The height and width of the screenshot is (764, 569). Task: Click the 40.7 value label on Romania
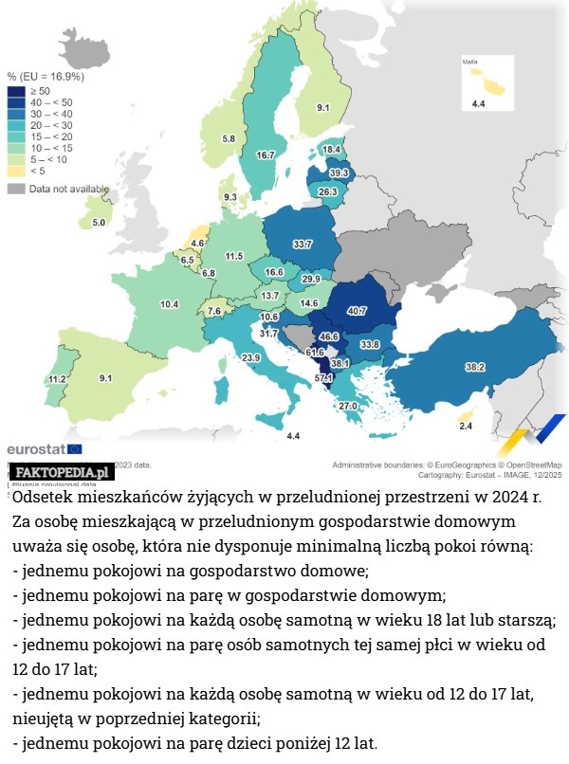click(357, 311)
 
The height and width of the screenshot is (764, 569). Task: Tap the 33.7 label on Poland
click(303, 245)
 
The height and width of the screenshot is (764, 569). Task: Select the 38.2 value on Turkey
click(475, 367)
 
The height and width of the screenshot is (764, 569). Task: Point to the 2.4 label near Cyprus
click(466, 427)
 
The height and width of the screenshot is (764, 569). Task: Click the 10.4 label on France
click(169, 304)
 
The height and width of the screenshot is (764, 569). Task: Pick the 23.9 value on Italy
click(251, 358)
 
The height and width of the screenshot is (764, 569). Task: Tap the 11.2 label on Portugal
click(56, 379)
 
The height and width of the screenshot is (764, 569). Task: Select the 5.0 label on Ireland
click(99, 224)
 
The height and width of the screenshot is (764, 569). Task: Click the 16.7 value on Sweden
click(266, 155)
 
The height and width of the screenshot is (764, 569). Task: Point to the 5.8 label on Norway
click(229, 138)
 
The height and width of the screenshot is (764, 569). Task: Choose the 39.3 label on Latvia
click(339, 173)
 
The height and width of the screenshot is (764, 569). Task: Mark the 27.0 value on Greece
click(348, 406)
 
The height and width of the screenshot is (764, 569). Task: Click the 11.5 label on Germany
click(234, 256)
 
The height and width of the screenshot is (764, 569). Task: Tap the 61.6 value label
click(315, 352)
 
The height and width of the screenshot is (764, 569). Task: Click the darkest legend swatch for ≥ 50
click(15, 91)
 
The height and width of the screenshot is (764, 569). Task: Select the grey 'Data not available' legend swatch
click(15, 189)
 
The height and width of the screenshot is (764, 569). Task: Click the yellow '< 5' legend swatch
click(15, 172)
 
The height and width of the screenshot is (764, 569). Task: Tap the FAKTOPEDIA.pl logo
click(62, 471)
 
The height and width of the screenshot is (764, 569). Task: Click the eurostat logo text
click(36, 447)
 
